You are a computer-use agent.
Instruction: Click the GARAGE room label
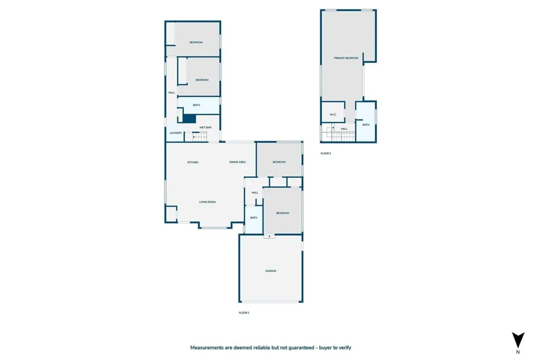(x=270, y=271)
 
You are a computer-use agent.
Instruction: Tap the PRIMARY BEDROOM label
(x=346, y=58)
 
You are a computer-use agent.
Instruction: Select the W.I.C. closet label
(x=333, y=115)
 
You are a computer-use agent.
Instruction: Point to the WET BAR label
(x=206, y=128)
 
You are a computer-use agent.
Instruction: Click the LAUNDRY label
(x=175, y=132)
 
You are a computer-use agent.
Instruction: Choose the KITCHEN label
(x=193, y=162)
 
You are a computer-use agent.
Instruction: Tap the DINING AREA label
(x=237, y=162)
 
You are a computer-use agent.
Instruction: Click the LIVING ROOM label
(x=207, y=202)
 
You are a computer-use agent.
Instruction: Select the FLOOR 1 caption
(x=244, y=312)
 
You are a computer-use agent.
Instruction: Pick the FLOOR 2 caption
(x=325, y=153)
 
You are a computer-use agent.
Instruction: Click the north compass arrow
(x=518, y=339)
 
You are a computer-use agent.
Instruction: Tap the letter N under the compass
(x=518, y=352)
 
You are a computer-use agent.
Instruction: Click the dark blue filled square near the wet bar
(x=190, y=119)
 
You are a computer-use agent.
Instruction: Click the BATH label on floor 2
(x=366, y=125)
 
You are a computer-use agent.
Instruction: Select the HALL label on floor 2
(x=344, y=128)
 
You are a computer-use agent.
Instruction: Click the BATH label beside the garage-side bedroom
(x=254, y=217)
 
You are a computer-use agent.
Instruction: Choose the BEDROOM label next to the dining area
(x=279, y=162)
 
